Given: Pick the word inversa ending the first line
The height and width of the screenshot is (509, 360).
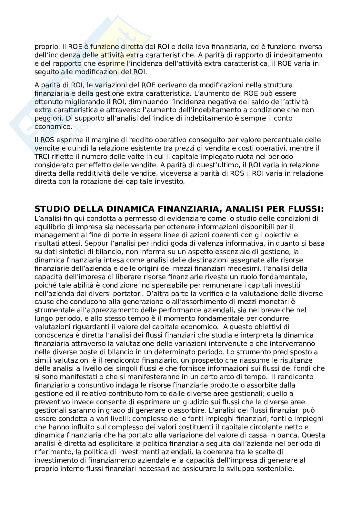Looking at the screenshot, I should [311, 47].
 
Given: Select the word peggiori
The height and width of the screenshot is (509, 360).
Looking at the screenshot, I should [50, 118].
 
